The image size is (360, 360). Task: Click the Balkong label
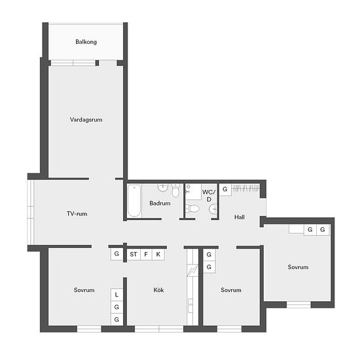[x=86, y=42]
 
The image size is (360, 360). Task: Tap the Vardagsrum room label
[x=86, y=120]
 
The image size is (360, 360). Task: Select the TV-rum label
[x=77, y=214]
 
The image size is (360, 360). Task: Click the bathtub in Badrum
[x=134, y=201]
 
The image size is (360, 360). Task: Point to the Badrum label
[x=160, y=203]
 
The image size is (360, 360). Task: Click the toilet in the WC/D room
[x=192, y=208]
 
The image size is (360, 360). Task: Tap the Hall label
[x=240, y=217]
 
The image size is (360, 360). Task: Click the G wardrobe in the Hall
[x=225, y=189]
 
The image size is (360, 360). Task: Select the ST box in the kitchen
[x=134, y=254]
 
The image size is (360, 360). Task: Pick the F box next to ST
[x=146, y=254]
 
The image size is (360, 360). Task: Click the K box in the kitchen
[x=158, y=254]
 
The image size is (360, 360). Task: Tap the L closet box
[x=117, y=295]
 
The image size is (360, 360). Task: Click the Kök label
[x=158, y=290]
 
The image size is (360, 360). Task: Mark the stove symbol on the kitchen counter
[x=192, y=270]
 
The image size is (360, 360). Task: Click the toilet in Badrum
[x=175, y=190]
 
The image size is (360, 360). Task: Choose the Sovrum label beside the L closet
[x=84, y=290]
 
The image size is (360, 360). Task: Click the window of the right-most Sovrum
[x=298, y=304]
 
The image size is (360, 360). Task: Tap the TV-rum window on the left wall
[x=31, y=212]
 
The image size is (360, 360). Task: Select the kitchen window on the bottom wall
[x=159, y=329]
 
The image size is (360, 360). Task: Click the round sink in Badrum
[x=163, y=188]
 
